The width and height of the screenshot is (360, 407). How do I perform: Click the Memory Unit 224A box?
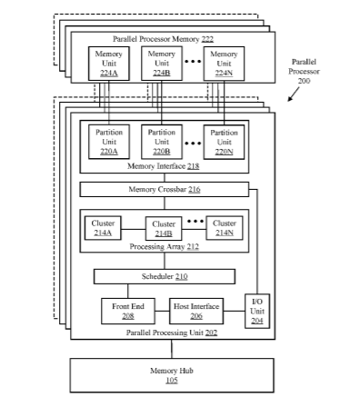pyautogui.click(x=109, y=64)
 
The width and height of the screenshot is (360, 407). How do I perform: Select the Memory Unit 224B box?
pyautogui.click(x=162, y=64)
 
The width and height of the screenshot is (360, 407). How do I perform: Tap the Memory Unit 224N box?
pyautogui.click(x=224, y=64)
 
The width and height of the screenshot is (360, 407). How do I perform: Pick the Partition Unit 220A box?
pyautogui.click(x=109, y=142)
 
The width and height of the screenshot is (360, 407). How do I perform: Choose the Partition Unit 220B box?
pyautogui.click(x=162, y=142)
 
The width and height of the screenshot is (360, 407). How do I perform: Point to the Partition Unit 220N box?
pyautogui.click(x=224, y=142)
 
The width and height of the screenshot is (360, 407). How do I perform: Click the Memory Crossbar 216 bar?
pyautogui.click(x=165, y=189)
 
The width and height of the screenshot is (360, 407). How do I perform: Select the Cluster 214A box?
pyautogui.click(x=103, y=228)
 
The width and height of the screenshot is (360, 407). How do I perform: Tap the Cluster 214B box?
pyautogui.click(x=164, y=229)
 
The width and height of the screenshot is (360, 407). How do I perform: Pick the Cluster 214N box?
pyautogui.click(x=225, y=228)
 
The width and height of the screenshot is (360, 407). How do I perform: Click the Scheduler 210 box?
pyautogui.click(x=165, y=276)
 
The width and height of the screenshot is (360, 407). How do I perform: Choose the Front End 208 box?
pyautogui.click(x=128, y=311)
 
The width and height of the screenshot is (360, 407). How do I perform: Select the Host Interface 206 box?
pyautogui.click(x=196, y=311)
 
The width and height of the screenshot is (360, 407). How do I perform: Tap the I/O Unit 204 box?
pyautogui.click(x=257, y=311)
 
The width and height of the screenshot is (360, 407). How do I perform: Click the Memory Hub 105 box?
pyautogui.click(x=172, y=375)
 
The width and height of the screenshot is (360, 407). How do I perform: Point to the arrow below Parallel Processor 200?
pyautogui.click(x=294, y=94)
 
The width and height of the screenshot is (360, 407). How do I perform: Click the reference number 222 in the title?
pyautogui.click(x=207, y=39)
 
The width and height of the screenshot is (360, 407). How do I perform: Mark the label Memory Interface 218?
pyautogui.click(x=164, y=166)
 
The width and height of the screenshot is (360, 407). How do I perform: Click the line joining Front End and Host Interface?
pyautogui.click(x=162, y=311)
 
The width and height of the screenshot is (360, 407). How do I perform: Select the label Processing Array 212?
pyautogui.click(x=165, y=246)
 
